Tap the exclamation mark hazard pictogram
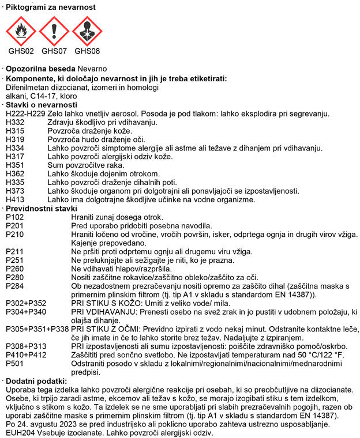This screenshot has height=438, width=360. pos(54,31)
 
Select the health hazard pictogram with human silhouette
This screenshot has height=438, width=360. pos(87,31)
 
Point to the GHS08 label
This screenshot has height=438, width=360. pos(87,51)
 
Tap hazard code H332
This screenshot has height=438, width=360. pos(15,122)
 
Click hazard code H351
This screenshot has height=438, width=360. pos(15,165)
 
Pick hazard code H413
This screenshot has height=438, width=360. pos(15,199)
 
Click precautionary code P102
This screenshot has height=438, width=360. pos(15,217)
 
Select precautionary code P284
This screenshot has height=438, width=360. pos(15,286)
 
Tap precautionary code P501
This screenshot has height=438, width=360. pos(15,364)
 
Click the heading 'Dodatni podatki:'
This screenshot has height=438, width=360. pos(36,381)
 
